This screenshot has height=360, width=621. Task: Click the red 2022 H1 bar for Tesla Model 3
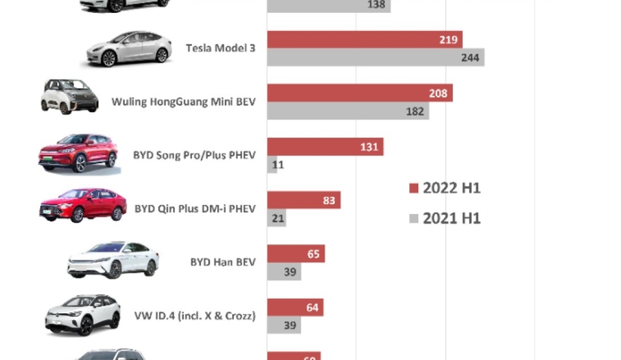[364, 39]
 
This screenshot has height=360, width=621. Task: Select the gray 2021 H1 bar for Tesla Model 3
[375, 57]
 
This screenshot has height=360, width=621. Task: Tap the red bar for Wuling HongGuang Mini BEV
[359, 94]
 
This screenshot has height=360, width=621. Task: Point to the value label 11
[278, 164]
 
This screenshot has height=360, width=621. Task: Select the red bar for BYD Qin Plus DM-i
[303, 200]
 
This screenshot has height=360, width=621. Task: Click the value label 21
[278, 218]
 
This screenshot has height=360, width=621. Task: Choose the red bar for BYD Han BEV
[296, 254]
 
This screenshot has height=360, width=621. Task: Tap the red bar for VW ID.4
[295, 307]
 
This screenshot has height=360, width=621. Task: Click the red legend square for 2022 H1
[414, 188]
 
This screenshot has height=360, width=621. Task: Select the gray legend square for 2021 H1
[414, 219]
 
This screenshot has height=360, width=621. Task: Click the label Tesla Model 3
[220, 48]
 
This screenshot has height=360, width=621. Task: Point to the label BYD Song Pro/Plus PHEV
[194, 155]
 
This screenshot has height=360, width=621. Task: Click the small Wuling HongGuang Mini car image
[70, 97]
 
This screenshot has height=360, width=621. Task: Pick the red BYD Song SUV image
[78, 153]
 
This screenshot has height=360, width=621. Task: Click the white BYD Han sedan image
[113, 260]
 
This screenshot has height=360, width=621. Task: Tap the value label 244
[470, 57]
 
